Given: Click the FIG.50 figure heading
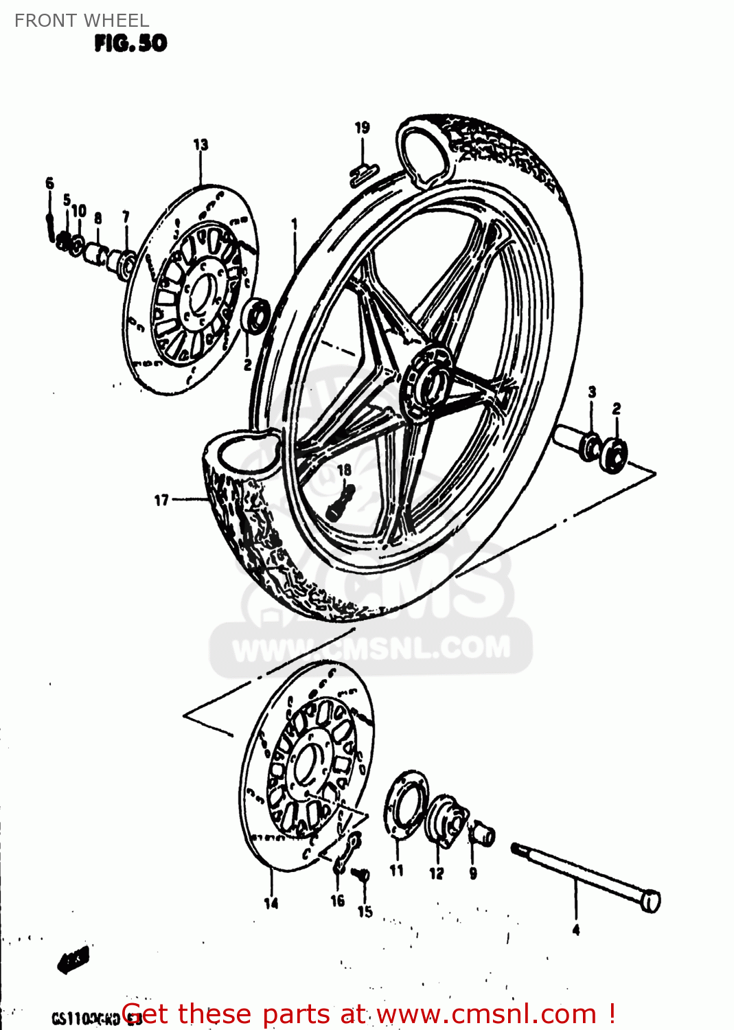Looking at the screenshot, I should pyautogui.click(x=130, y=43).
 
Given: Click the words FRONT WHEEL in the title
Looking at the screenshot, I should pyautogui.click(x=82, y=21).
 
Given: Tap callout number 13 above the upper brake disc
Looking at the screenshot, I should pyautogui.click(x=200, y=145).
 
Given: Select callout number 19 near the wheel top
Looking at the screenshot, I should pyautogui.click(x=362, y=128).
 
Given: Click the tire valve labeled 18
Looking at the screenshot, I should pyautogui.click(x=341, y=503).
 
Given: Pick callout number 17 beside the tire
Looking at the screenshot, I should pyautogui.click(x=161, y=500).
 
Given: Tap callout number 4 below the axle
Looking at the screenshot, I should pyautogui.click(x=575, y=930).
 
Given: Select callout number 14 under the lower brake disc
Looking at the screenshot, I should pyautogui.click(x=271, y=903).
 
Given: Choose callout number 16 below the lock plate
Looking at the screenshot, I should pyautogui.click(x=338, y=900).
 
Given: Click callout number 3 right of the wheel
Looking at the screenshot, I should pyautogui.click(x=592, y=392).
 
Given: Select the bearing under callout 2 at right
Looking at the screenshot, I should pyautogui.click(x=614, y=455).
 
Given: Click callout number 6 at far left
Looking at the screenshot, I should pyautogui.click(x=49, y=183).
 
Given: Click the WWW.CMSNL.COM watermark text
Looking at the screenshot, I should pyautogui.click(x=371, y=648).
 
